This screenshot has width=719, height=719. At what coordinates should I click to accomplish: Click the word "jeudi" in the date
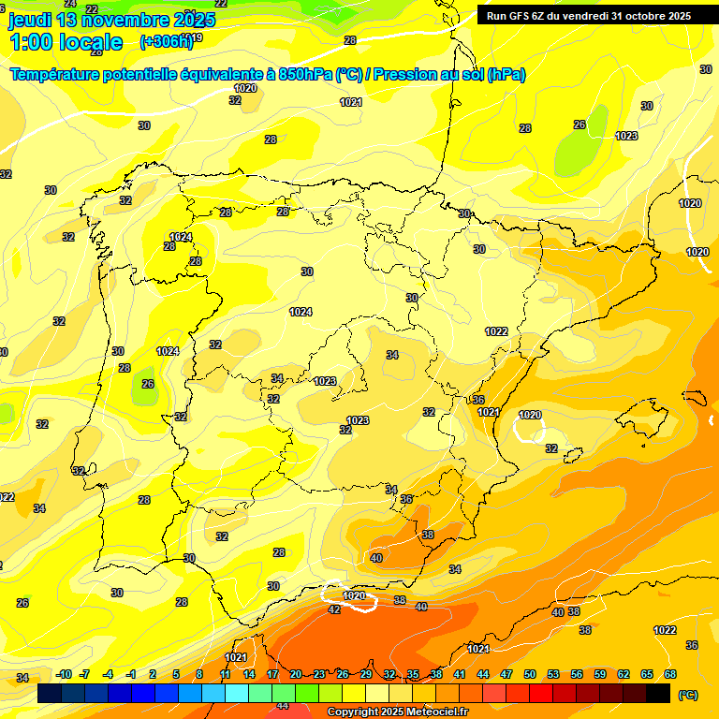click(x=30, y=20)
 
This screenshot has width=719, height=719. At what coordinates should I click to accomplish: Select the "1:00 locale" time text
click(x=66, y=42)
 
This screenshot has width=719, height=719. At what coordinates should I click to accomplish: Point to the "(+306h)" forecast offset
click(x=166, y=42)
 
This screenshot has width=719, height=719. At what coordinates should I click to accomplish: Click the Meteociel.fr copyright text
click(x=397, y=712)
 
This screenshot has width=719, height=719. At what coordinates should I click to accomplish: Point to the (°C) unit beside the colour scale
click(x=687, y=695)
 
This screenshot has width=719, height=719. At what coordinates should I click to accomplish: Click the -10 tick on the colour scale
click(x=64, y=674)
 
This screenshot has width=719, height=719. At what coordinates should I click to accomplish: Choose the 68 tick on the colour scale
click(x=670, y=674)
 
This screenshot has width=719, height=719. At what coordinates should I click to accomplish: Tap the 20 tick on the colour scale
click(x=296, y=674)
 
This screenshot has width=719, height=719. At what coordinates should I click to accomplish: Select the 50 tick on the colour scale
click(x=530, y=674)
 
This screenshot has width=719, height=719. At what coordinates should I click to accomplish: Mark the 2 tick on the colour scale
click(x=153, y=674)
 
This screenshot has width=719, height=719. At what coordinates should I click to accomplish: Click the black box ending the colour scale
click(x=658, y=693)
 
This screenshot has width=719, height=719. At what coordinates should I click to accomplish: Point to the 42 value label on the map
click(x=334, y=609)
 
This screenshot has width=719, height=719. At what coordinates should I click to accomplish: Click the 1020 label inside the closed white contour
click(x=354, y=595)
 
